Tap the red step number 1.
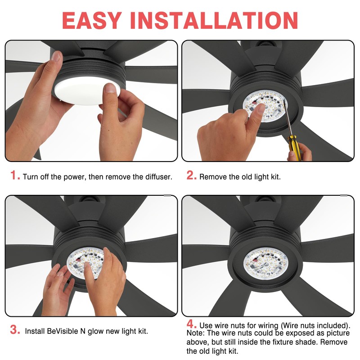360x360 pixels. (x=15, y=176)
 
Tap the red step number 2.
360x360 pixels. (x=192, y=176)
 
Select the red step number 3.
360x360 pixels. (x=15, y=330)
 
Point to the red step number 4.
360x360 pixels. (x=192, y=324)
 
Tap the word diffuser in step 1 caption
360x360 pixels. (x=157, y=177)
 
